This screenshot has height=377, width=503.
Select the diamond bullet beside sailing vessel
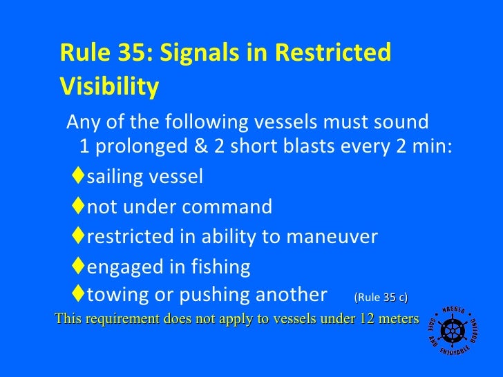[x=77, y=177]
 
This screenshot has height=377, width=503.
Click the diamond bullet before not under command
[x=77, y=206]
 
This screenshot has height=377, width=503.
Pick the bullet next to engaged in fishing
[x=77, y=267]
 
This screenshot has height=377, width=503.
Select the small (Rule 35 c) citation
[x=381, y=298]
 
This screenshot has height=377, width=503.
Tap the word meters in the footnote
[x=399, y=318]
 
